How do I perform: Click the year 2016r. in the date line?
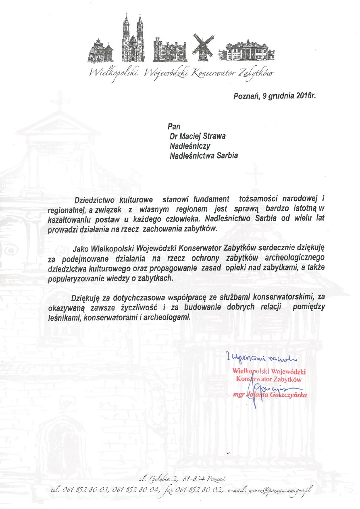[x=303, y=97]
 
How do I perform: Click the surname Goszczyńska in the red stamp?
[x=288, y=395]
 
